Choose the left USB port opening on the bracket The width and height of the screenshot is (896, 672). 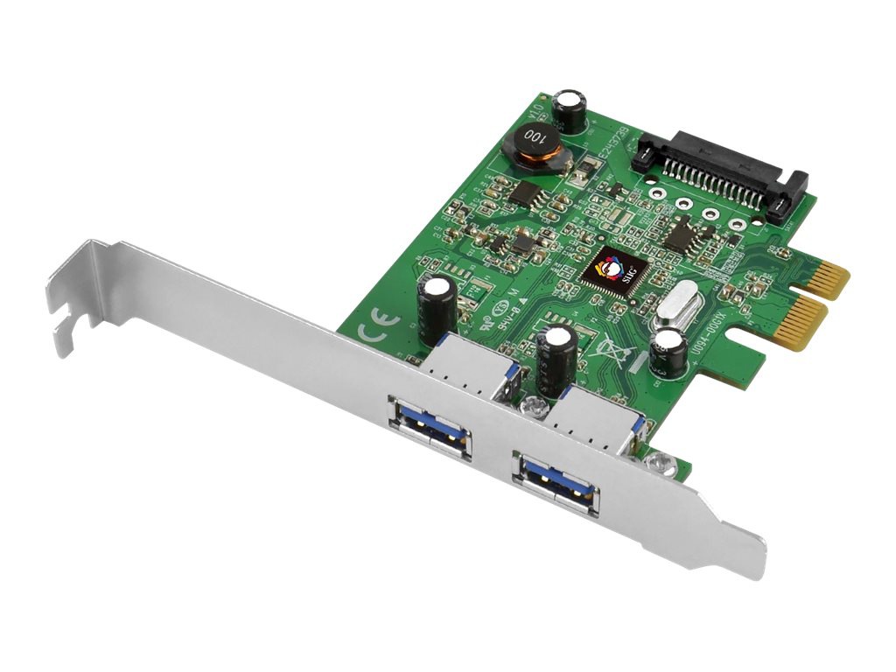(430, 426)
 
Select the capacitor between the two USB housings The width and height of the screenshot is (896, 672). (556, 359)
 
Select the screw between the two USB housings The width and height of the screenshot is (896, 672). (530, 405)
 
